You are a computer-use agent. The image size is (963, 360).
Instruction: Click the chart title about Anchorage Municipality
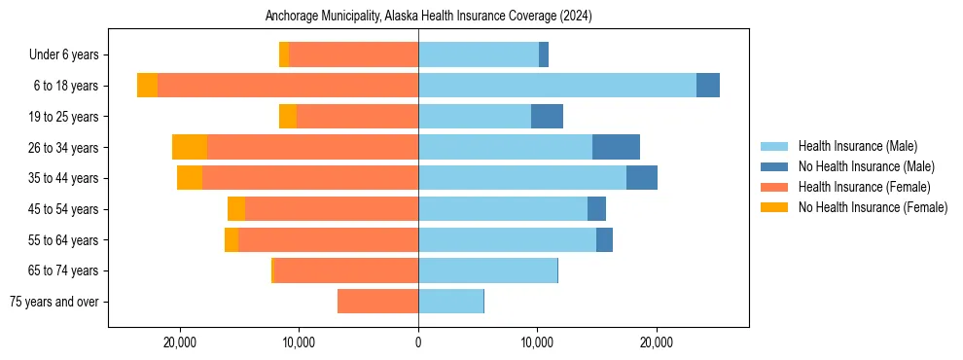pyautogui.click(x=428, y=16)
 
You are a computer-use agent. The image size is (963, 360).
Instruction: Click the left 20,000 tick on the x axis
pyautogui.click(x=181, y=342)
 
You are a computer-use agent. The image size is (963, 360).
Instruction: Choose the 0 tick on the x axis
pyautogui.click(x=418, y=342)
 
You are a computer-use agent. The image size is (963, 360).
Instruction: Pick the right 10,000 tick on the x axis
pyautogui.click(x=538, y=342)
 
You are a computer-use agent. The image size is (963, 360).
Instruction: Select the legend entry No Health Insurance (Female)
pyautogui.click(x=873, y=207)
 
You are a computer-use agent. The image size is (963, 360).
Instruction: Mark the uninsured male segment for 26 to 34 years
pyautogui.click(x=616, y=147)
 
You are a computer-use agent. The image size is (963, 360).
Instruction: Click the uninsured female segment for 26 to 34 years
pyautogui.click(x=190, y=147)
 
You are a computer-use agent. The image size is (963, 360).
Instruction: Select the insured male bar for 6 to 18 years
pyautogui.click(x=557, y=86)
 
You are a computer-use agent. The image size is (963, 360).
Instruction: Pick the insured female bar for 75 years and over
pyautogui.click(x=377, y=302)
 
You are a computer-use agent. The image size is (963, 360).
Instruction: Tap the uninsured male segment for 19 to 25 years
pyautogui.click(x=547, y=117)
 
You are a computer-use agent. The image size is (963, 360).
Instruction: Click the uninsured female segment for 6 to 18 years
pyautogui.click(x=147, y=86)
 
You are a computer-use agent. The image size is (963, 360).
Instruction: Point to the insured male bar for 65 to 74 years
pyautogui.click(x=487, y=270)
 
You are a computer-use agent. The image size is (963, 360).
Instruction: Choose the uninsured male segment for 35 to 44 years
pyautogui.click(x=642, y=178)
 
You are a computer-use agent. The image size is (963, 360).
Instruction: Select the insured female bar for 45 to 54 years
pyautogui.click(x=332, y=209)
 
